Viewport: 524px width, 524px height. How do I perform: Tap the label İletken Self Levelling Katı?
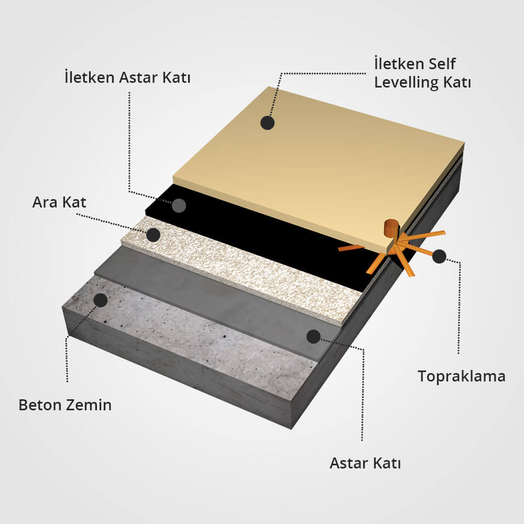pyautogui.click(x=422, y=73)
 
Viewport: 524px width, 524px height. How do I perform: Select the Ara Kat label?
pyautogui.click(x=59, y=202)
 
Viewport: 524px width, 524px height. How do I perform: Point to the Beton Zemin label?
pyautogui.click(x=65, y=405)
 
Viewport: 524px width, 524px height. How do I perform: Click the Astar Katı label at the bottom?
pyautogui.click(x=365, y=463)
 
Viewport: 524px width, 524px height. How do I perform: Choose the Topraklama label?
pyautogui.click(x=462, y=377)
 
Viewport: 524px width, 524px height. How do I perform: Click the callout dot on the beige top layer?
pyautogui.click(x=267, y=123)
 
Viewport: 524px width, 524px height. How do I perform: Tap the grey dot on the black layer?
pyautogui.click(x=179, y=205)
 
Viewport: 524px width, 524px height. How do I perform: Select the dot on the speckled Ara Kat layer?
pyautogui.click(x=154, y=235)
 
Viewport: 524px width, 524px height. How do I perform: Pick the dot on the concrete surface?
pyautogui.click(x=100, y=300)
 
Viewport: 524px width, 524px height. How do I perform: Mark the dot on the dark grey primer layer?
pyautogui.click(x=313, y=336)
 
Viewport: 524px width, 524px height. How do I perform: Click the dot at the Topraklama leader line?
pyautogui.click(x=439, y=256)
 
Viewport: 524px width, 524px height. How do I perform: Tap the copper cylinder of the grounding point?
pyautogui.click(x=391, y=228)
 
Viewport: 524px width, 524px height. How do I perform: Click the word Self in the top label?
pyautogui.click(x=442, y=64)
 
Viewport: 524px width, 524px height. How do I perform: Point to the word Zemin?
pyautogui.click(x=89, y=405)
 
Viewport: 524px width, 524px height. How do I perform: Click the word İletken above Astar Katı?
pyautogui.click(x=90, y=77)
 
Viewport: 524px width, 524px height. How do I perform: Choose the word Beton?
pyautogui.click(x=40, y=405)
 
